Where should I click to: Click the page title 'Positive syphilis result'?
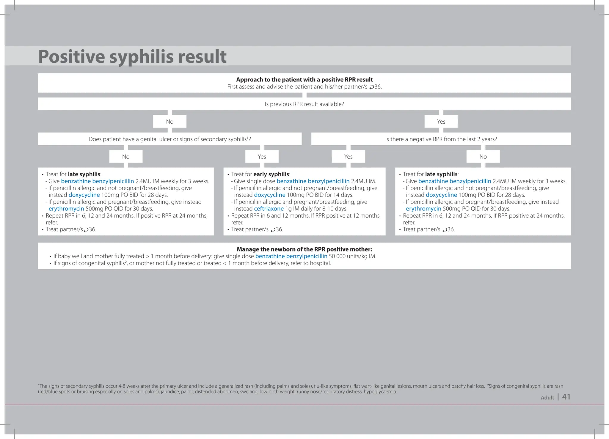(132, 56)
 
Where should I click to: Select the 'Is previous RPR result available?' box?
(304, 104)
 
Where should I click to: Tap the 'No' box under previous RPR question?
(169, 122)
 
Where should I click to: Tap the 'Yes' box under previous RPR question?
(441, 122)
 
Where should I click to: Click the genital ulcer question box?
(169, 139)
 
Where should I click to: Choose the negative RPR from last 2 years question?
(441, 139)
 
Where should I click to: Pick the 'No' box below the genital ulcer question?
(126, 157)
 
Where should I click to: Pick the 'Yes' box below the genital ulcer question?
(262, 157)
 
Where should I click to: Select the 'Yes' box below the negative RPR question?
(348, 157)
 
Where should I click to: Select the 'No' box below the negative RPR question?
(483, 157)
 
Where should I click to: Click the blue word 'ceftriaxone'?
(269, 209)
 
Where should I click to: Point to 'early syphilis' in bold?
(271, 174)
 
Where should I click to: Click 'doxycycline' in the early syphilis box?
(269, 195)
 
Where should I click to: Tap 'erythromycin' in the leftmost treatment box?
(66, 209)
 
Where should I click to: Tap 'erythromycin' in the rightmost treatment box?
(423, 209)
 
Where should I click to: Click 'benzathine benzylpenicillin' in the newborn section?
(291, 256)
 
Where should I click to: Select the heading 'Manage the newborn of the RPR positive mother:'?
(304, 249)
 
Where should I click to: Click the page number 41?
(566, 397)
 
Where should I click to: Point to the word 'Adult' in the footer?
(547, 398)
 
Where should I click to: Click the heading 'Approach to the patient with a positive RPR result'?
(304, 80)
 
